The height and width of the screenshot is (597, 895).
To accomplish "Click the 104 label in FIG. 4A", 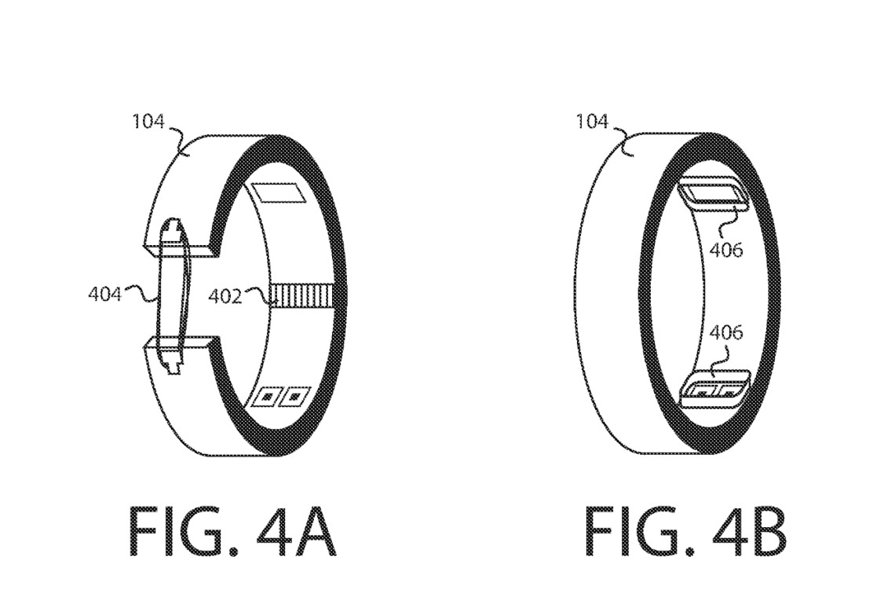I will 149,123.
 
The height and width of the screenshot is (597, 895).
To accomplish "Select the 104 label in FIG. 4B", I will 592,123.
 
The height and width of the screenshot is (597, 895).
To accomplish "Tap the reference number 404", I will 104,295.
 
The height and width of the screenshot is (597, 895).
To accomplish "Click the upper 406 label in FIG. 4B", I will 725,250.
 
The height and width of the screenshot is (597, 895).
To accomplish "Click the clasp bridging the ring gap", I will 171,295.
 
